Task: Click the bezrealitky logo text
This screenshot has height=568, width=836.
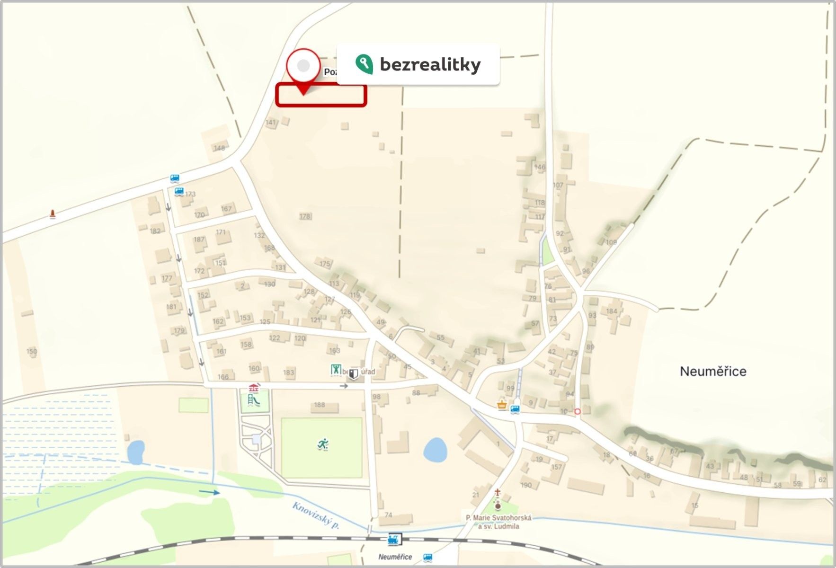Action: [x=430, y=64]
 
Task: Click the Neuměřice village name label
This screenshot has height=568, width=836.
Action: [x=713, y=371]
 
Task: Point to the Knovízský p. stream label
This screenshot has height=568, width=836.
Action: [x=316, y=515]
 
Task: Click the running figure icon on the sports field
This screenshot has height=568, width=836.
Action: [x=323, y=444]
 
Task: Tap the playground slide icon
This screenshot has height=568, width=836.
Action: [x=254, y=401]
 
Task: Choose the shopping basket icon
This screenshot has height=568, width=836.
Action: [x=502, y=405]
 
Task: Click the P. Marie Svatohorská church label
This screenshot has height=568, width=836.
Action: [x=498, y=522]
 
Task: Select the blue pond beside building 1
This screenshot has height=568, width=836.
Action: [x=435, y=450]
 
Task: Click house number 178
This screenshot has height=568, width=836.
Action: [x=304, y=216]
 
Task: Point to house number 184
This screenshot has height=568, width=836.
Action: [x=612, y=311]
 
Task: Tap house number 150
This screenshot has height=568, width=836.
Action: [x=31, y=351]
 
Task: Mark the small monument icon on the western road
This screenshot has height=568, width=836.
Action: [x=53, y=214]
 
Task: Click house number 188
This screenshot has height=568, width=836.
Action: [x=320, y=405]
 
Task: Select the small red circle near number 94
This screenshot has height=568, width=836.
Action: [x=577, y=412]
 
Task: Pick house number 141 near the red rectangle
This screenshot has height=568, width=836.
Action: [x=270, y=123]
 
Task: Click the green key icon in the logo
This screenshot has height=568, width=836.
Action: [x=364, y=64]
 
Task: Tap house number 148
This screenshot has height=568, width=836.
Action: [x=219, y=148]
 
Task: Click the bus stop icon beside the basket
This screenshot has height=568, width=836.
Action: [x=515, y=408]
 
